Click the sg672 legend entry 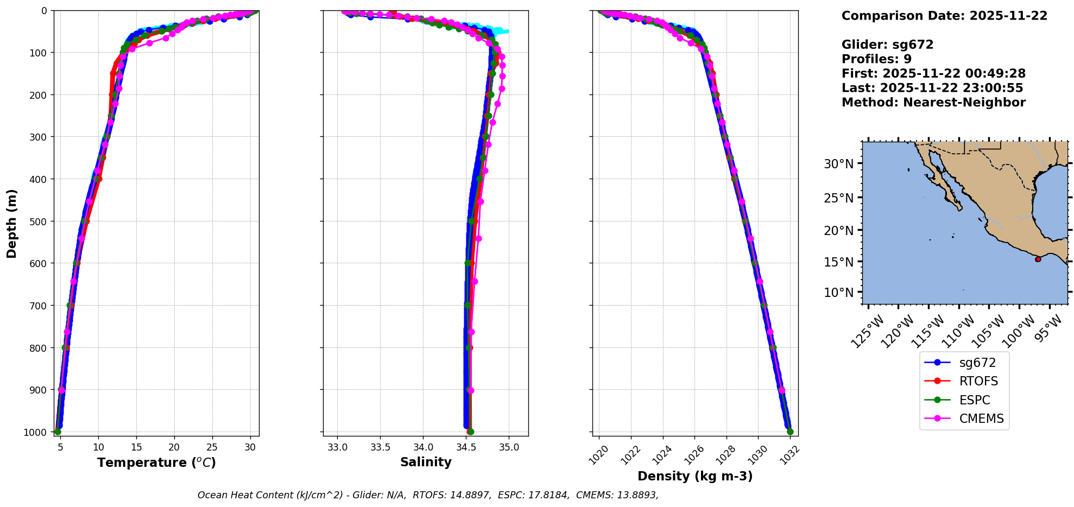pyautogui.click(x=977, y=363)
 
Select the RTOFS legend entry pyautogui.click(x=978, y=381)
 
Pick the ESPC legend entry pyautogui.click(x=975, y=400)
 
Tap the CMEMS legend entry pyautogui.click(x=981, y=419)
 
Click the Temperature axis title pyautogui.click(x=156, y=462)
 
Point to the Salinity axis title pyautogui.click(x=426, y=462)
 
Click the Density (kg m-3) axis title pyautogui.click(x=695, y=476)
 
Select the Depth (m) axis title pyautogui.click(x=12, y=223)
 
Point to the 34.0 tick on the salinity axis pyautogui.click(x=423, y=447)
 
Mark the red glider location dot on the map pyautogui.click(x=1038, y=259)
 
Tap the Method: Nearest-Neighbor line pyautogui.click(x=933, y=103)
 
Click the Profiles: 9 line pyautogui.click(x=876, y=59)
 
